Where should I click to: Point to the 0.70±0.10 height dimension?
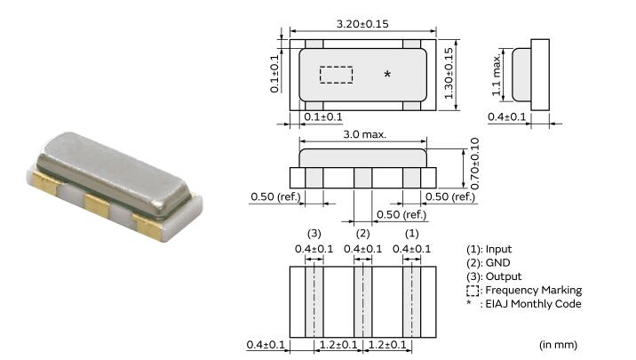click(x=474, y=163)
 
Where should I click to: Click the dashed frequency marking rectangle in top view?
click(x=336, y=75)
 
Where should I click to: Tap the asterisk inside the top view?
click(x=387, y=75)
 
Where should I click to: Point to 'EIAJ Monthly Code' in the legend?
click(x=532, y=304)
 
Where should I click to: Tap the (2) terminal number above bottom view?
click(x=362, y=235)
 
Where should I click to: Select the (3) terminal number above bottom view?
click(x=314, y=235)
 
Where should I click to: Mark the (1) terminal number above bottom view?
click(x=410, y=235)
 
